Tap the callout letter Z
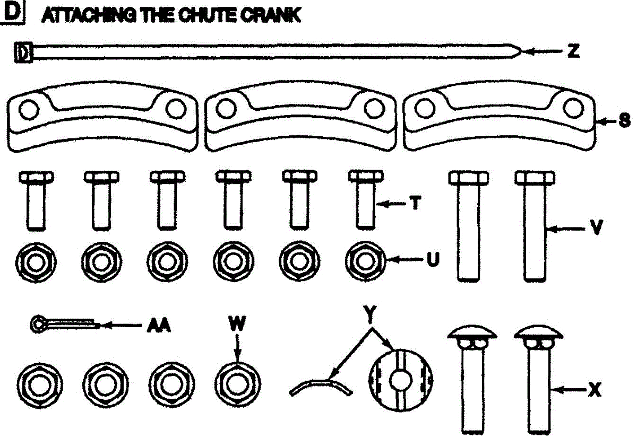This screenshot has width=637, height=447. pyautogui.click(x=572, y=52)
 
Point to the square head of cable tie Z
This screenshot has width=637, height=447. pyautogui.click(x=24, y=53)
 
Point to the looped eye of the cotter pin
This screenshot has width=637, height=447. pyautogui.click(x=37, y=324)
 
